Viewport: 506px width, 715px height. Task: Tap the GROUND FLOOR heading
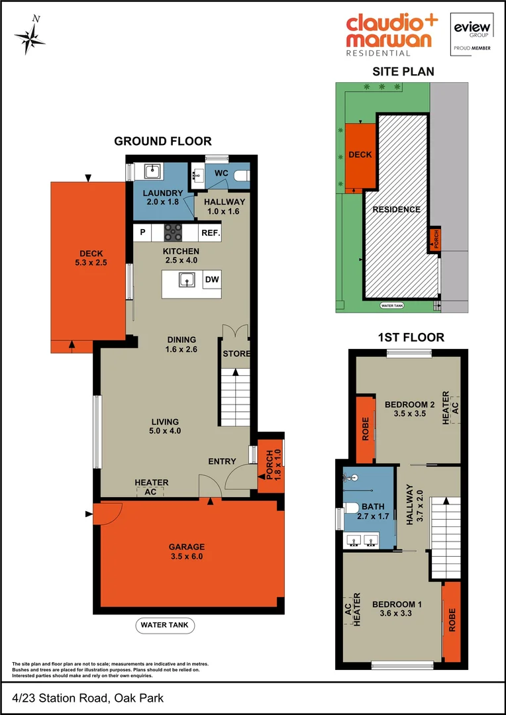[x=163, y=141]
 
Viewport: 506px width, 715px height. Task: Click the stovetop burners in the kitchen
[x=174, y=232]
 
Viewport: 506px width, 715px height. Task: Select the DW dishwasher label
[x=212, y=280]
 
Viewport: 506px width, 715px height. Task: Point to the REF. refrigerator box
[x=211, y=233]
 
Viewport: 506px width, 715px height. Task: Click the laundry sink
[x=152, y=171]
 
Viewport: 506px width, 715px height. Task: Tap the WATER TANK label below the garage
[x=166, y=624]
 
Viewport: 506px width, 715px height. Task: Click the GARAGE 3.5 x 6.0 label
[x=186, y=551]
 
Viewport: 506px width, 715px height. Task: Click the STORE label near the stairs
[x=236, y=354]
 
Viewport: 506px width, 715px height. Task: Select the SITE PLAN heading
[x=403, y=71]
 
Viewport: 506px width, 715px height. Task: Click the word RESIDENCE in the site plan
[x=396, y=209]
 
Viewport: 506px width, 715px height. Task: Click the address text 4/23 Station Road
[x=87, y=698]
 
